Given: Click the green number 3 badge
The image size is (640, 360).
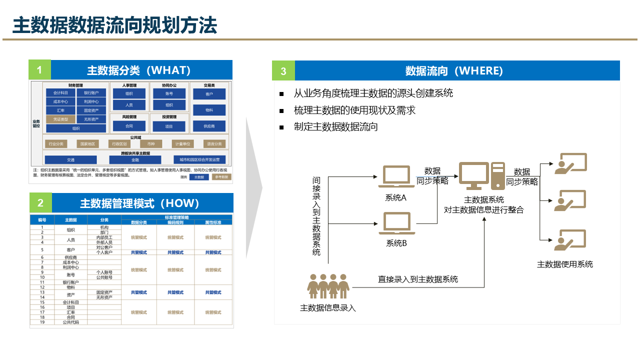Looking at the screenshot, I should coord(283,71).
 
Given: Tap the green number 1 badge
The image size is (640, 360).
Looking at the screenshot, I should coord(39,70).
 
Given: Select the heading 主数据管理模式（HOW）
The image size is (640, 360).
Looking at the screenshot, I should coord(140,203).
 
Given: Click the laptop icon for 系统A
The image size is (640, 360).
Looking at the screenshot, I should coord(396,177).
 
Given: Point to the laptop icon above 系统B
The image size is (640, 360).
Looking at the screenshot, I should coord(396,223).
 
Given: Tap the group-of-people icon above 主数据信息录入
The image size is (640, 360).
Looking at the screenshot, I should coord(328,286).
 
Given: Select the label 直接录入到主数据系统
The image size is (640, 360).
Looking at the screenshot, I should coord(417,279).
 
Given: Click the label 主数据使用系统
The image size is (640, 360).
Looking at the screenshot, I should coord(565,264).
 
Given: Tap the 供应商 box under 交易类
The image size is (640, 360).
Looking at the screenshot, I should coord(209,126).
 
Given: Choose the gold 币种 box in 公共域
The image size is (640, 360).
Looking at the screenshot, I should coord(151,144).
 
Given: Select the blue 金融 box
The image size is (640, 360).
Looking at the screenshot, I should coord(135,160).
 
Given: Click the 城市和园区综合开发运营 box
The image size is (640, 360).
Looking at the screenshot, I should coord(199,160).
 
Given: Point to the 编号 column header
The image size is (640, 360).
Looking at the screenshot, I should coord(42,220).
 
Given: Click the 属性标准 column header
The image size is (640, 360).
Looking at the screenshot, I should coord(213,222).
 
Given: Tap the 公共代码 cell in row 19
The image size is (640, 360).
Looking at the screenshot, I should coord(70,322).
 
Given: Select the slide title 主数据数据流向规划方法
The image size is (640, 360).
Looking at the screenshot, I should coord(114,25).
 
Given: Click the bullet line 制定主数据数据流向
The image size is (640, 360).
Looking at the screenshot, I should coord(335,127).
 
